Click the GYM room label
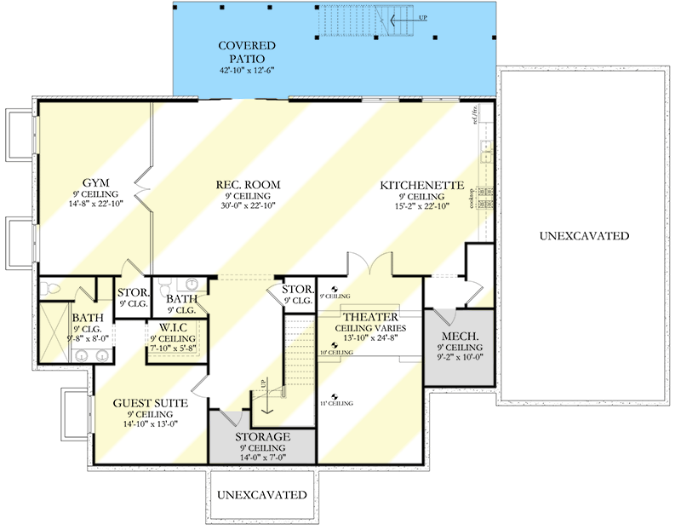[x=94, y=183]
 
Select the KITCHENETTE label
[x=421, y=185]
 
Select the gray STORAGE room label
[x=263, y=437]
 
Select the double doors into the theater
[x=368, y=263]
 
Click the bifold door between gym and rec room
[x=143, y=181]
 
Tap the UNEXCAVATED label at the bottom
[x=261, y=494]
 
